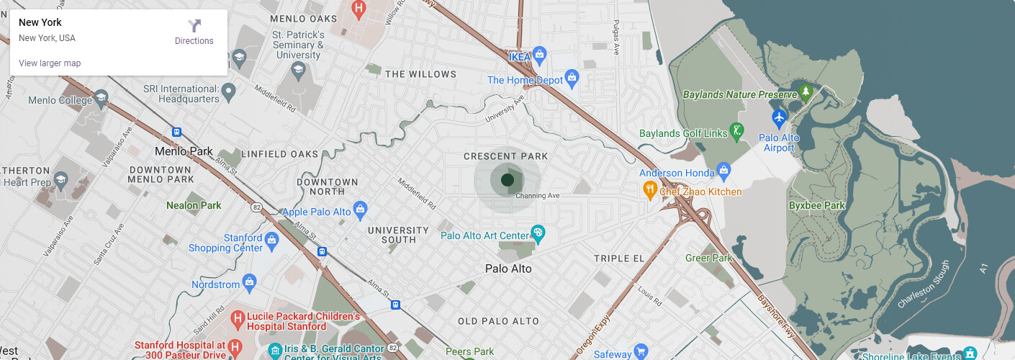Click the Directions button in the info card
tap(194, 32)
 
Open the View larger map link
tap(50, 63)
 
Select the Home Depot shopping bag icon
tap(572, 77)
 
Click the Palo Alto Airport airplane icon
tap(778, 117)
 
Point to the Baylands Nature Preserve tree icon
tap(806, 92)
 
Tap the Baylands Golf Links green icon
tap(736, 131)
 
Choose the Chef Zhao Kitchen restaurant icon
tap(649, 190)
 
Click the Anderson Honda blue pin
tap(724, 171)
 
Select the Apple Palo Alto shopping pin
tap(361, 210)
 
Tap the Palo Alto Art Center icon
tap(537, 233)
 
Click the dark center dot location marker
tap(507, 179)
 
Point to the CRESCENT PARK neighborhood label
tap(505, 156)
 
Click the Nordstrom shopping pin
tap(249, 282)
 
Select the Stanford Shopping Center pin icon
tap(271, 239)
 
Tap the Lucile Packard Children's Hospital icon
tap(238, 318)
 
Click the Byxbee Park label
tap(816, 205)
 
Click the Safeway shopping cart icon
tap(641, 352)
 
